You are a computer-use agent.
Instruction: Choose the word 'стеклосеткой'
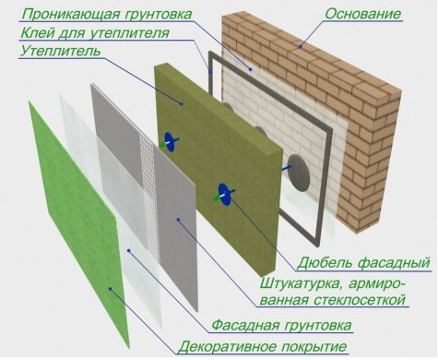(349, 299)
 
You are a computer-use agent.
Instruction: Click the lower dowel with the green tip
(222, 193)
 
